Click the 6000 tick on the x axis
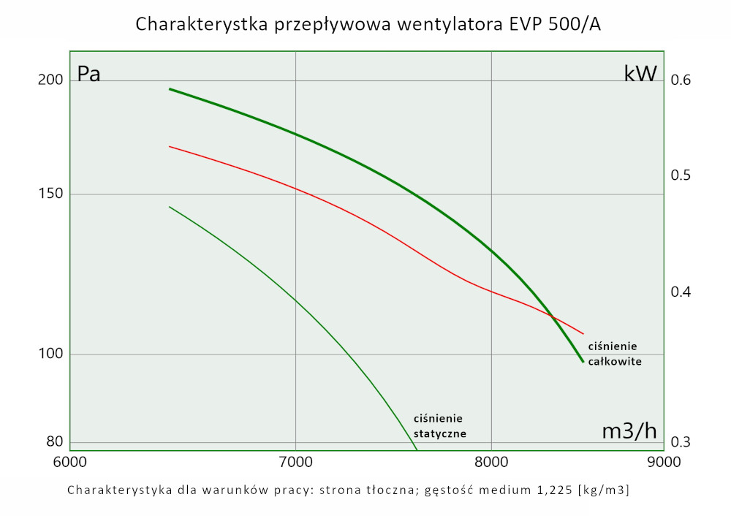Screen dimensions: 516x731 [70, 463]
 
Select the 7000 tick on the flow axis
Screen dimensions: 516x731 [295, 463]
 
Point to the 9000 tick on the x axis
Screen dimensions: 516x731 [663, 463]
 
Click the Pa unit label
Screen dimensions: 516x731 [89, 75]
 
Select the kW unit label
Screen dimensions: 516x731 [640, 74]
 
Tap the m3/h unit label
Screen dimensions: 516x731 [629, 431]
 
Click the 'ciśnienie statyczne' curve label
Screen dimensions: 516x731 [439, 425]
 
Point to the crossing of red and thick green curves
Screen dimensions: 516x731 [553, 317]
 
